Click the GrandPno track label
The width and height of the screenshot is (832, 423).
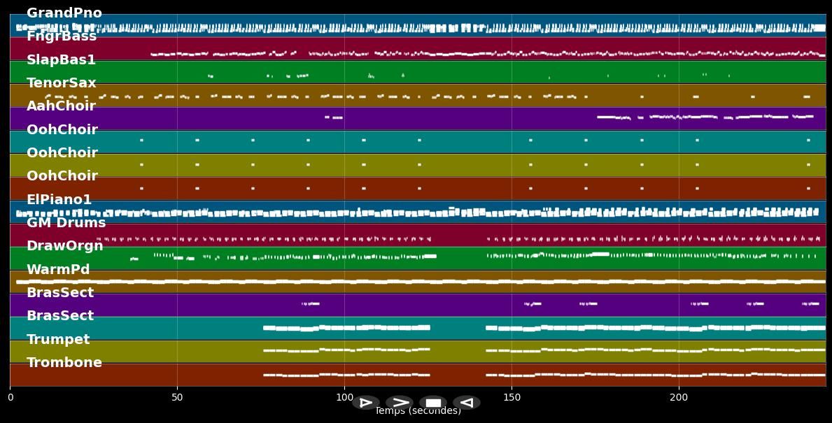tap(64, 13)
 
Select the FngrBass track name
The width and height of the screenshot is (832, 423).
tap(62, 36)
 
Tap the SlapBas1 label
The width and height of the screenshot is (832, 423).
tap(61, 60)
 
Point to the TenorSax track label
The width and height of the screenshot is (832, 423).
tap(62, 83)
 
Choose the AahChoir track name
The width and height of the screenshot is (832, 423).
tap(61, 106)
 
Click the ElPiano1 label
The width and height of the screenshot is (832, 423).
tap(59, 200)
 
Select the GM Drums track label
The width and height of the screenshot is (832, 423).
tap(66, 223)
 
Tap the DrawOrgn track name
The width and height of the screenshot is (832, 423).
tap(64, 246)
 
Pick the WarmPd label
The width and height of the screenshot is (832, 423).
tap(58, 270)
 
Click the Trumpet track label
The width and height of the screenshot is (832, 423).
tap(58, 340)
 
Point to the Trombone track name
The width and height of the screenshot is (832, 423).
tap(64, 363)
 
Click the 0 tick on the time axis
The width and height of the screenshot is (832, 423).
tap(10, 398)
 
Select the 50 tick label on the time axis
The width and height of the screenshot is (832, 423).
tap(177, 398)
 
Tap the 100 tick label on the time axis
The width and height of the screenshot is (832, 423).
tap(344, 398)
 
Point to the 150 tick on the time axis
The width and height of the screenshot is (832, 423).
tap(512, 398)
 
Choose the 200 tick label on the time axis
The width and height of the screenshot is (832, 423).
tap(679, 398)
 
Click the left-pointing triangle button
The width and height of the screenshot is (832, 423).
tap(467, 403)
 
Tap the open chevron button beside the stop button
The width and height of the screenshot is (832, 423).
tap(400, 403)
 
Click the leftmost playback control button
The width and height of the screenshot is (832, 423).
tap(365, 403)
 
